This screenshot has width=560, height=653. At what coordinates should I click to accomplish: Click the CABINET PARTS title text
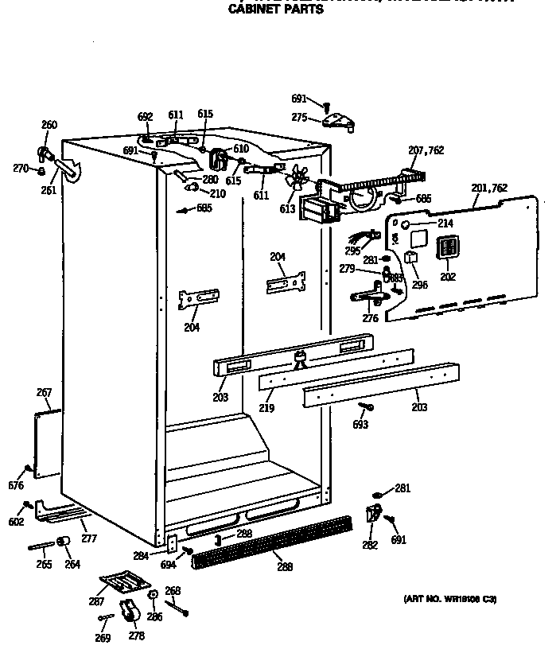click(276, 10)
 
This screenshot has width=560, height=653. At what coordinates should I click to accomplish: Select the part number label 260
click(49, 124)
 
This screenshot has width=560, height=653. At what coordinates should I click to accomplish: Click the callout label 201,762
click(489, 189)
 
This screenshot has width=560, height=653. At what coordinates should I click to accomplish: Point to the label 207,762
click(426, 150)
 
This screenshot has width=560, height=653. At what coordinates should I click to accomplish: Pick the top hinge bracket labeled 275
click(340, 122)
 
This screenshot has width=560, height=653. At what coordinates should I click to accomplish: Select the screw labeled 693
click(364, 407)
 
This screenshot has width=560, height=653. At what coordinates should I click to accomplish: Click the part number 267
click(45, 392)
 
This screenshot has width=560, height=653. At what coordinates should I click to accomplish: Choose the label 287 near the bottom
click(95, 602)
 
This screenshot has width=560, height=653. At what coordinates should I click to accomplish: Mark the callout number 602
click(16, 522)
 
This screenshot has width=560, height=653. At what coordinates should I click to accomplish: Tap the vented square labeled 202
click(449, 247)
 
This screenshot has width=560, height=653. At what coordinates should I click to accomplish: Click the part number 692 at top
click(145, 116)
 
